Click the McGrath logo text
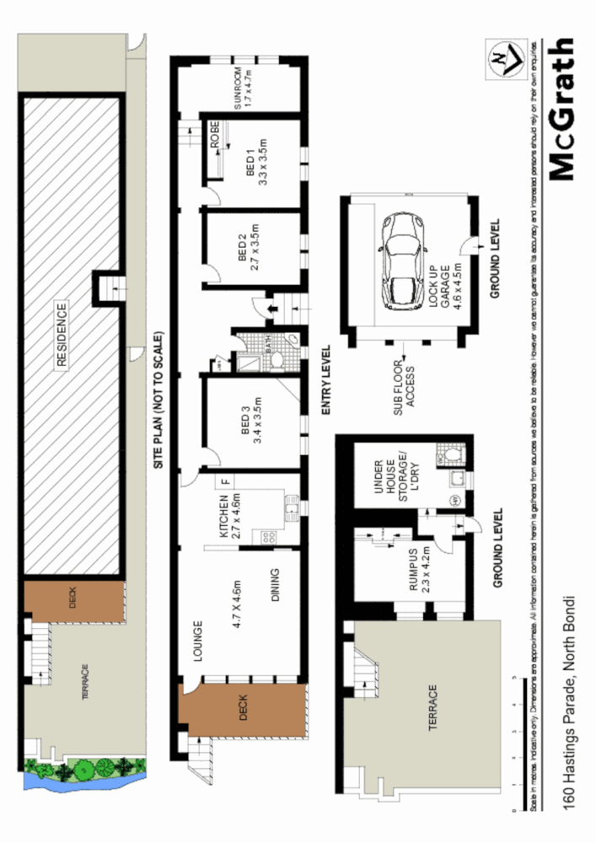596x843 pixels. (x=562, y=109)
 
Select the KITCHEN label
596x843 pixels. (x=224, y=517)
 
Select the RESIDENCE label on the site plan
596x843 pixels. (x=61, y=335)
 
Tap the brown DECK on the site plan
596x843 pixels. (x=72, y=601)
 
